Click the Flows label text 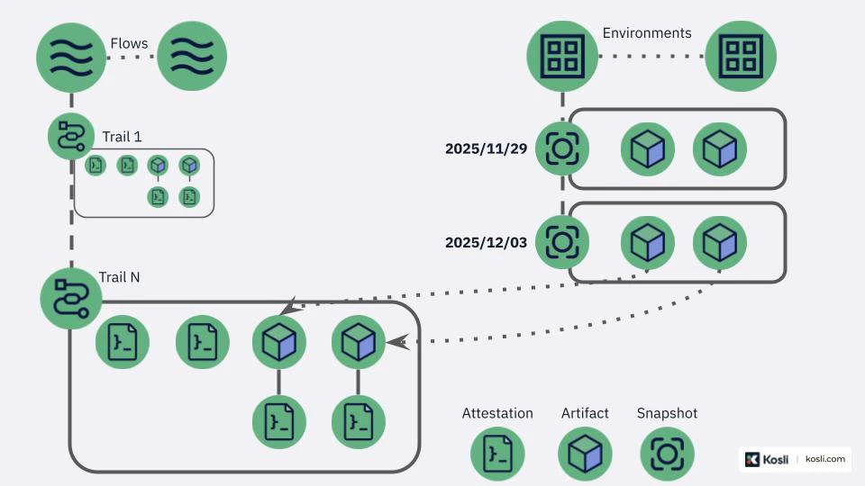pyautogui.click(x=129, y=43)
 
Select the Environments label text pyautogui.click(x=647, y=33)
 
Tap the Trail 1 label pyautogui.click(x=122, y=137)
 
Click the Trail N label pyautogui.click(x=119, y=277)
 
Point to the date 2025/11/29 pyautogui.click(x=486, y=148)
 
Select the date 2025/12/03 pyautogui.click(x=486, y=242)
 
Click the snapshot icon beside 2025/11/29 pyautogui.click(x=562, y=148)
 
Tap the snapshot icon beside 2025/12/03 pyautogui.click(x=562, y=241)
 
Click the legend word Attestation pyautogui.click(x=497, y=413)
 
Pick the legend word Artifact pyautogui.click(x=585, y=413)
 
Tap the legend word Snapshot pyautogui.click(x=667, y=413)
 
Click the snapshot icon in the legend pyautogui.click(x=667, y=454)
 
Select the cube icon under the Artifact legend pyautogui.click(x=585, y=454)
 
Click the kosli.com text pyautogui.click(x=824, y=459)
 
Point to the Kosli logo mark pyautogui.click(x=752, y=459)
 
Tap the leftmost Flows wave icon pyautogui.click(x=71, y=56)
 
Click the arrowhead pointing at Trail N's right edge pyautogui.click(x=396, y=342)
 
